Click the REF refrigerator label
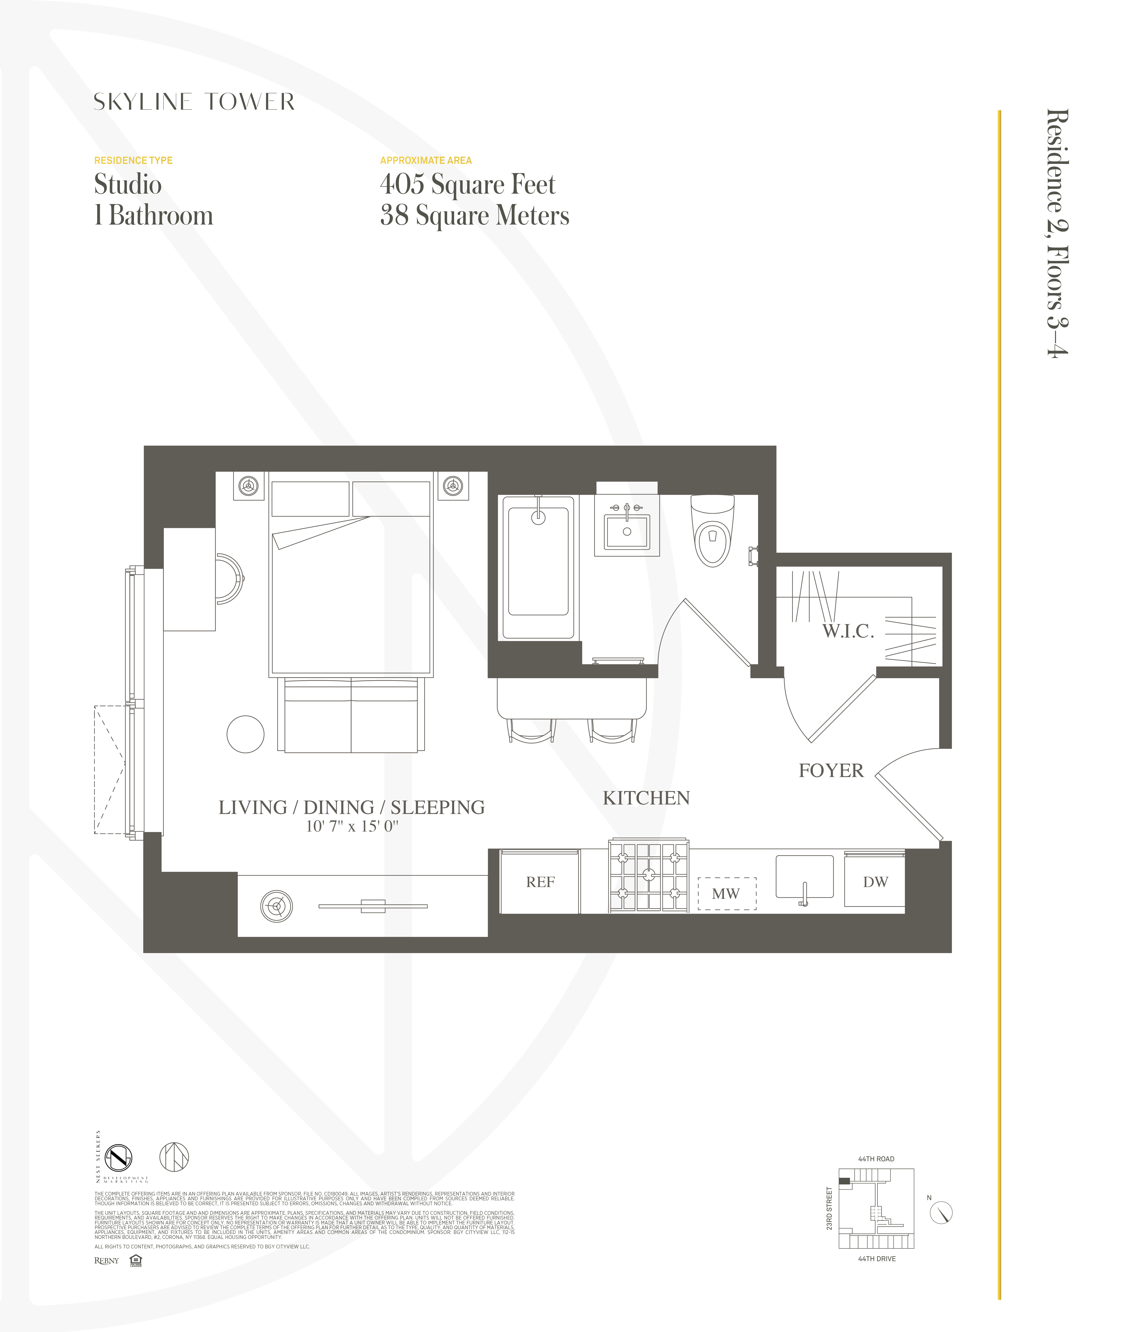point(540,882)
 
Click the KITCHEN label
point(646,798)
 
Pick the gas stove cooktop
point(649,875)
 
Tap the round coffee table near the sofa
point(246,734)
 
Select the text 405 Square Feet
point(467,185)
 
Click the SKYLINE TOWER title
point(194,102)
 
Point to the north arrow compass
point(941,1213)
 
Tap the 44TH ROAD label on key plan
point(876,1159)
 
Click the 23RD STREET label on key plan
point(829,1209)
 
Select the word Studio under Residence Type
point(128,185)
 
